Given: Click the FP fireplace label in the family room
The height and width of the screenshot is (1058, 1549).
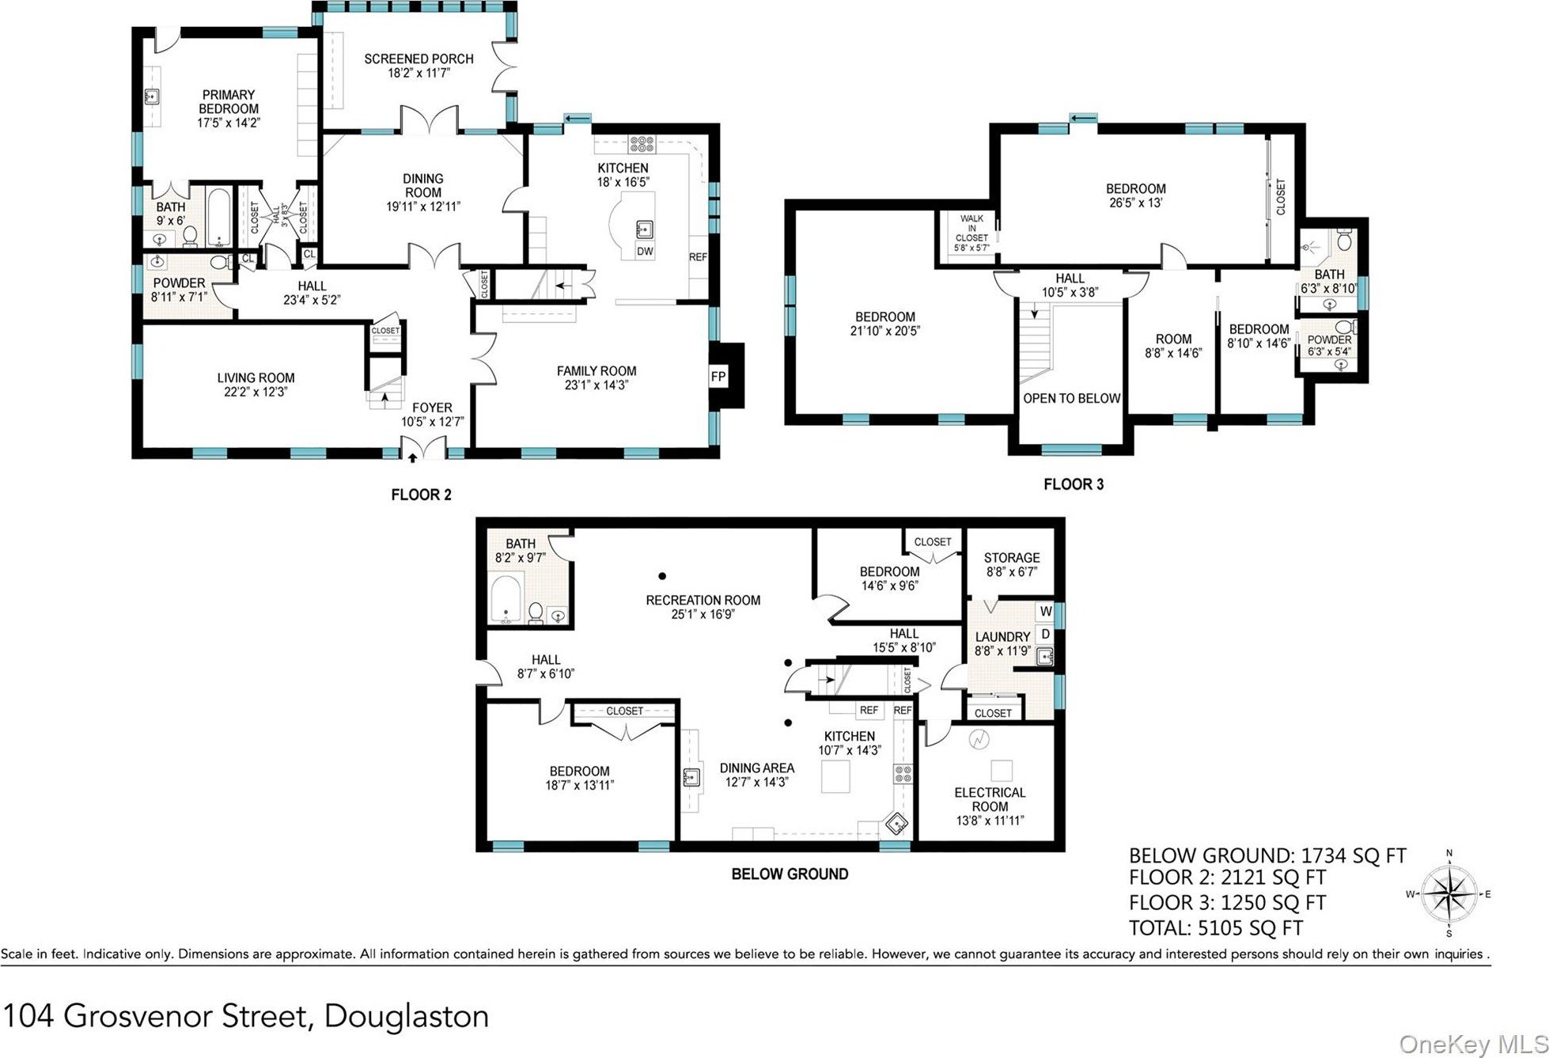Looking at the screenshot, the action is tap(718, 377).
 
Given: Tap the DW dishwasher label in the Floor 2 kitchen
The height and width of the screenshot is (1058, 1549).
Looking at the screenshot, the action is tap(645, 252).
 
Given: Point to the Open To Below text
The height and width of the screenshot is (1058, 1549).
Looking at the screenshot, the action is tap(1071, 398).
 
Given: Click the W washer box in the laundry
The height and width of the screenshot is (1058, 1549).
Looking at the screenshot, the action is tap(1046, 611).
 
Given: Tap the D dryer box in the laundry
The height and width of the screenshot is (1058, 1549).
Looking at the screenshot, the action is tap(1046, 634).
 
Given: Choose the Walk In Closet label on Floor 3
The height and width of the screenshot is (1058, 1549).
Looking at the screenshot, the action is tap(971, 233).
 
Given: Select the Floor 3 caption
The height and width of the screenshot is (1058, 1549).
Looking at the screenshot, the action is tap(1073, 484).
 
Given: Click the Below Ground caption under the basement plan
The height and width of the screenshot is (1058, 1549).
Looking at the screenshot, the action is tap(790, 874).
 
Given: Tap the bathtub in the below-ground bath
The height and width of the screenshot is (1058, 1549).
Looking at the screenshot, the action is tap(506, 598).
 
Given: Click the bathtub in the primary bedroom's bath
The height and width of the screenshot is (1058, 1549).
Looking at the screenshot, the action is tap(218, 217).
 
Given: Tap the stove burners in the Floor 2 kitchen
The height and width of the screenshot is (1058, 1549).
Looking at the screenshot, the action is tap(642, 144).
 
